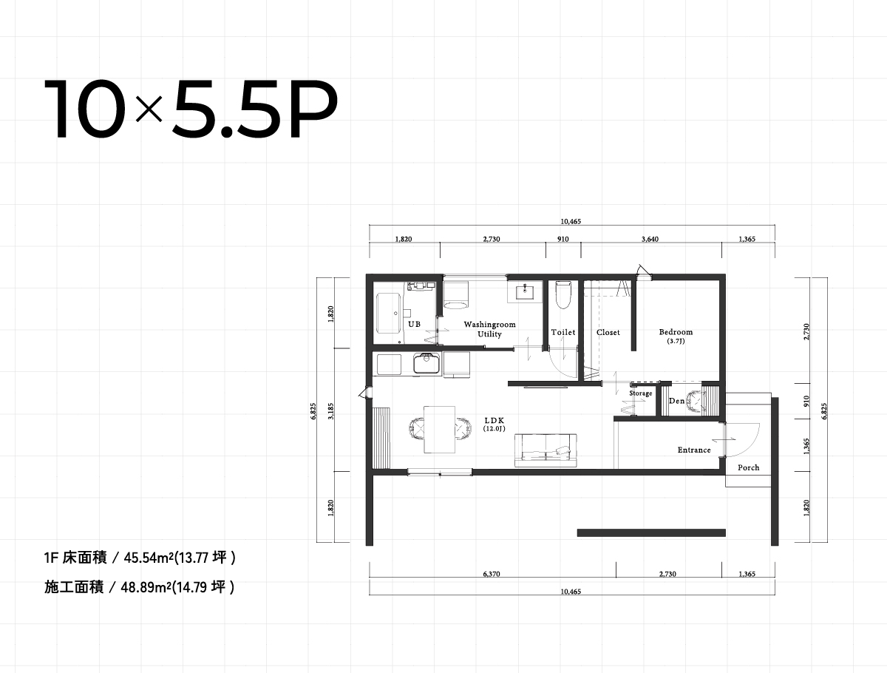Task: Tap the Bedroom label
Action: click(676, 332)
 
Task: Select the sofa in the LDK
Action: click(546, 450)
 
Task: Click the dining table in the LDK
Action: click(439, 429)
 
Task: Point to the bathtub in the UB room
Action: click(388, 314)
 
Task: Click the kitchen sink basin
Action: click(426, 363)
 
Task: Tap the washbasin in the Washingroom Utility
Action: click(525, 292)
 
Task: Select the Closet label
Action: click(608, 332)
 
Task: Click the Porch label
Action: click(748, 467)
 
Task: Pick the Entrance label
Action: click(694, 450)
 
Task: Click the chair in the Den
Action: click(695, 401)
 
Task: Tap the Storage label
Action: click(641, 393)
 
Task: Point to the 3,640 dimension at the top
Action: click(650, 239)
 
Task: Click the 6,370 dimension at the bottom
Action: click(492, 574)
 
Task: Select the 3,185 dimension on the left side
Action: click(331, 411)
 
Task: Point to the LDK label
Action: click(495, 420)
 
